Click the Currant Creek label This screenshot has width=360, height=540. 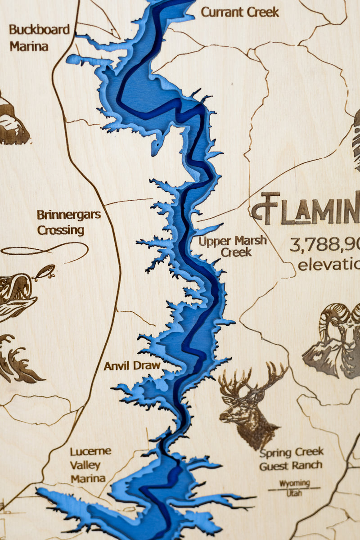[239, 12]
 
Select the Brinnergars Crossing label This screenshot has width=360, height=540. [68, 222]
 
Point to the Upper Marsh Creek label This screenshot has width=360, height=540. [233, 246]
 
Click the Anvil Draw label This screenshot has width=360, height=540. [132, 365]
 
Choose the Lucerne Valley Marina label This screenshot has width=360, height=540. [90, 464]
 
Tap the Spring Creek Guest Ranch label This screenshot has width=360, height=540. [291, 459]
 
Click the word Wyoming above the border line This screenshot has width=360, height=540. [295, 483]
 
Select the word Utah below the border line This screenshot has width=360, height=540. [294, 493]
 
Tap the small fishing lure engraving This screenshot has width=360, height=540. [44, 272]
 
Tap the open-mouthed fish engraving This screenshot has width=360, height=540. [16, 295]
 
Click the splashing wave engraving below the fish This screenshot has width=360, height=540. [18, 360]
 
